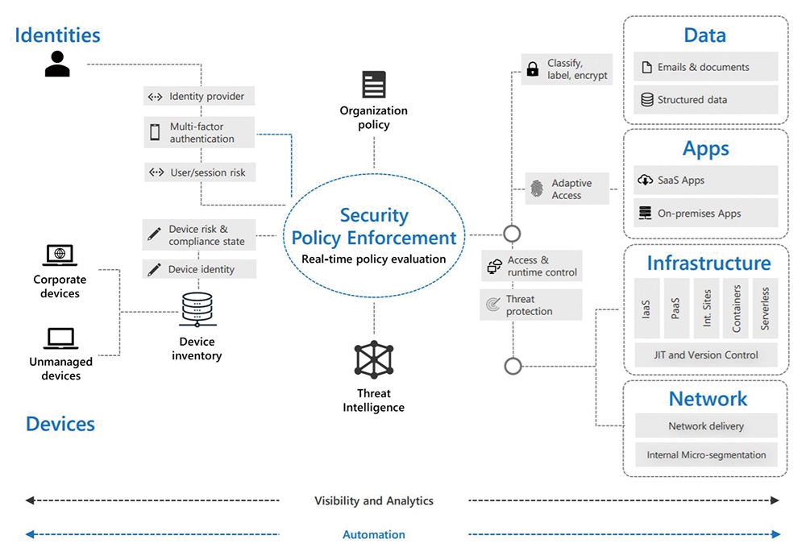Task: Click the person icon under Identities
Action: [57, 64]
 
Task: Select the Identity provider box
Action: [199, 96]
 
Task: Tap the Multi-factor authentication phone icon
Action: [155, 132]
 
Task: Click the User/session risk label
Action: [208, 172]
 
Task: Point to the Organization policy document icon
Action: [374, 85]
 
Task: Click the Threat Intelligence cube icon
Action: [374, 359]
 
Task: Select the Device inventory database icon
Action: [197, 309]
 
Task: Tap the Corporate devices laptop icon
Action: [60, 255]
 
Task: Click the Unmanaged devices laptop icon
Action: [60, 338]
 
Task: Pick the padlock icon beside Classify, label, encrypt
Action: [533, 68]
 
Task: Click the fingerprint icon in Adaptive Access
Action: [537, 189]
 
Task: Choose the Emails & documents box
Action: [705, 67]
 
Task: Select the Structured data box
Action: [705, 100]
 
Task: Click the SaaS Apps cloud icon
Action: [645, 180]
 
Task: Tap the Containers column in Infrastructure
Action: [736, 309]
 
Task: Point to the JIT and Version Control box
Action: [706, 355]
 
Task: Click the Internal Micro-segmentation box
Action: [706, 454]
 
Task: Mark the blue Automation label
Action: [374, 534]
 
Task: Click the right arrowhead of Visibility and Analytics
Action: [775, 500]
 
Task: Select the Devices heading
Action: [60, 424]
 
